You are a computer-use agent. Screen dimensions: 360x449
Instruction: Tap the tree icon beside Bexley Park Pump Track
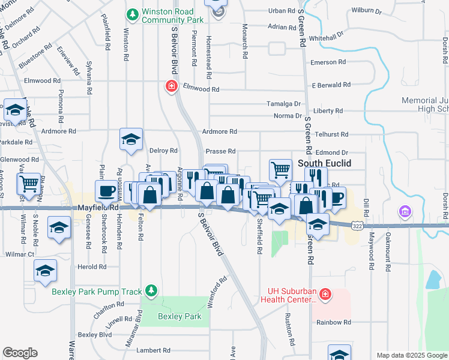152,291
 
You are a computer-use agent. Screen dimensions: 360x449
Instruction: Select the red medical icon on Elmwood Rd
172,86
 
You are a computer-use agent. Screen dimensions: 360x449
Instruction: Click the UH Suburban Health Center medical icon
325,294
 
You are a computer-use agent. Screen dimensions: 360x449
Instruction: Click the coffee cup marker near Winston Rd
107,191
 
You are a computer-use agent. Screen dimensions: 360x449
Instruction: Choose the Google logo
20,353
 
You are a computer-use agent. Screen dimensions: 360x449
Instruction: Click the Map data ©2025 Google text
411,355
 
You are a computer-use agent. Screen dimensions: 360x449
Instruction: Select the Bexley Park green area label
179,316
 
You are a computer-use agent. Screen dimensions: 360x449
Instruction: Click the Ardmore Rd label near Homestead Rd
220,131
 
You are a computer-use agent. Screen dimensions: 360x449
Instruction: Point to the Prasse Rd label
220,152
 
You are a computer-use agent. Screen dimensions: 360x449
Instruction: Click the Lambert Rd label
153,350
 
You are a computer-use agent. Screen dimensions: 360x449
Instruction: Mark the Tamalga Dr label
284,104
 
